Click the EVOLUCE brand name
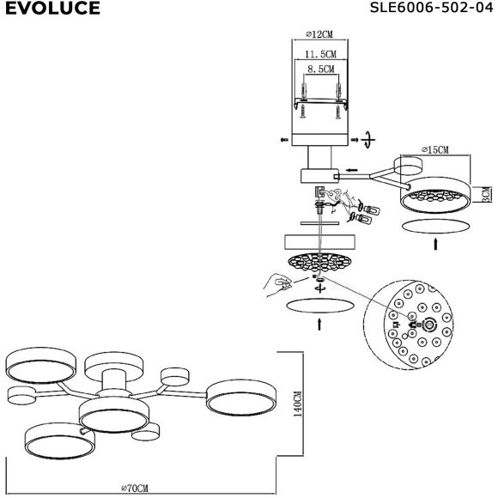coord(52,8)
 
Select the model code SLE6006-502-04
coord(431,8)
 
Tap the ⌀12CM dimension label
coord(319,34)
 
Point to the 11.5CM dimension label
coord(320,54)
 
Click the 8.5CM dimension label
coord(321,69)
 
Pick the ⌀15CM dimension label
coord(435,149)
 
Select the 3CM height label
coord(487,194)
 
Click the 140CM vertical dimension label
coord(298,404)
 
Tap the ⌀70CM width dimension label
coord(135,488)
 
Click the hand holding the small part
coord(277,284)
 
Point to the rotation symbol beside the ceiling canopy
coord(368,139)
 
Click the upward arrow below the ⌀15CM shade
coord(436,244)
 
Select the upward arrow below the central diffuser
coord(319,325)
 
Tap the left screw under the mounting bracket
coord(303,112)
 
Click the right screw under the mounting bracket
coord(338,112)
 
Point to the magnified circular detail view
coord(409,325)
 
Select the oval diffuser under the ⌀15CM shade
coord(436,226)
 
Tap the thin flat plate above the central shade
coord(319,223)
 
